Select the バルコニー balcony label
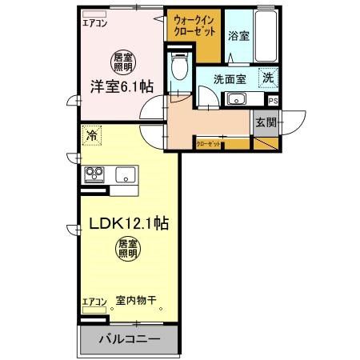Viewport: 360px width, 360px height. (x=128, y=339)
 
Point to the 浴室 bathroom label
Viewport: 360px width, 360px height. (x=238, y=36)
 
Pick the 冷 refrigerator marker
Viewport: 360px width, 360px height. (x=93, y=136)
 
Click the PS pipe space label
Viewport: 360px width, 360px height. (x=273, y=101)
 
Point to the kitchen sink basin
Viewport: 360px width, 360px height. (x=126, y=174)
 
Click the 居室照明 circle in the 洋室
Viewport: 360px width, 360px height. (x=122, y=59)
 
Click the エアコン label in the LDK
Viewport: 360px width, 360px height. (x=94, y=302)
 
